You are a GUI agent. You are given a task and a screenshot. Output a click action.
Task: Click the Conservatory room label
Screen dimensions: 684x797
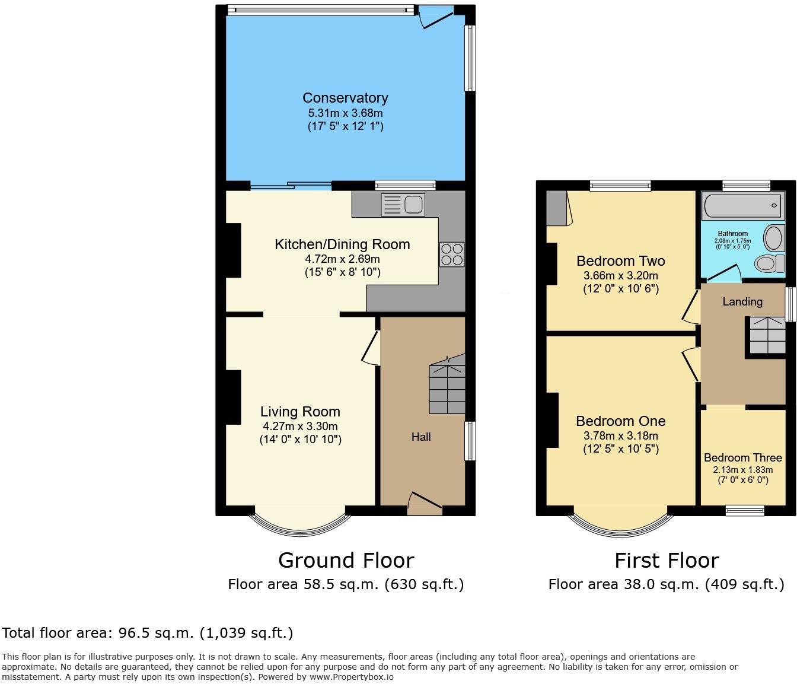345,98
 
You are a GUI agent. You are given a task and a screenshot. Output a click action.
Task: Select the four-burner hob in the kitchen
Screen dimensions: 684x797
452,254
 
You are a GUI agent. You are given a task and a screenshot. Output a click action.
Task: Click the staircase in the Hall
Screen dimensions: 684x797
447,386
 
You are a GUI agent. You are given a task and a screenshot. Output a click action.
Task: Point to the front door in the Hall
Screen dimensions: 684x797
425,501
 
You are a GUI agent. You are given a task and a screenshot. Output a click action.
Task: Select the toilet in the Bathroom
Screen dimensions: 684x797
770,263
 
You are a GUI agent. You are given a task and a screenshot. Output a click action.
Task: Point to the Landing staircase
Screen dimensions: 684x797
767,336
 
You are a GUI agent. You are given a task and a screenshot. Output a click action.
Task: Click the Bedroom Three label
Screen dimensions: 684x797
742,457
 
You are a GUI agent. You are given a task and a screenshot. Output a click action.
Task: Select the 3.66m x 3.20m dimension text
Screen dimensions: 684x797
620,276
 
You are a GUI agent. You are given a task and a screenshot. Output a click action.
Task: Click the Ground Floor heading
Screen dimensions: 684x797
346,560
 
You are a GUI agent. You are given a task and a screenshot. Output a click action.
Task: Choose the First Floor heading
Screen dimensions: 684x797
667,560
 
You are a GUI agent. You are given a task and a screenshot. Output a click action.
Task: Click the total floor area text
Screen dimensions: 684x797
148,633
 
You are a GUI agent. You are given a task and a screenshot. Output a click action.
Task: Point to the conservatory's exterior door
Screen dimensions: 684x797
436,18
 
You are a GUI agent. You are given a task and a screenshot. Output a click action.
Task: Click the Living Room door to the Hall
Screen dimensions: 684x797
372,348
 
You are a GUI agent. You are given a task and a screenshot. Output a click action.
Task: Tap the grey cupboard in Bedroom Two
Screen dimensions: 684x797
557,208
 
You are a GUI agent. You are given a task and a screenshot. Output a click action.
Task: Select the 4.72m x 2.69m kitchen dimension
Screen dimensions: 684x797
342,259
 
